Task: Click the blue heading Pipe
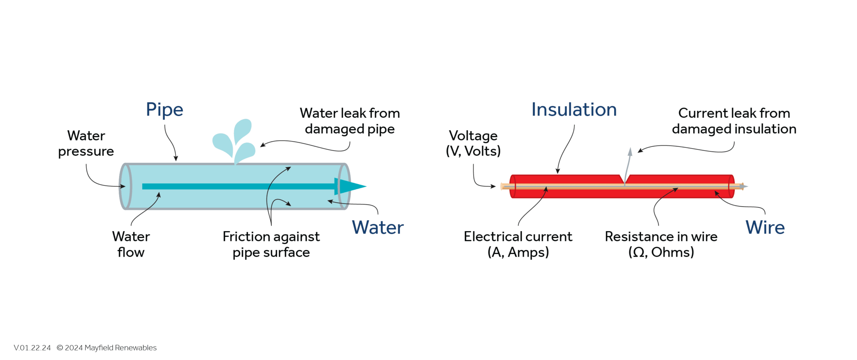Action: point(164,110)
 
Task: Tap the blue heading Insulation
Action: point(574,110)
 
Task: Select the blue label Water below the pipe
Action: point(377,228)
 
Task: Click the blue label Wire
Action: point(765,228)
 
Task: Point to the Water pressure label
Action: point(86,143)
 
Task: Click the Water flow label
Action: point(131,244)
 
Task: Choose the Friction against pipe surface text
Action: point(271,244)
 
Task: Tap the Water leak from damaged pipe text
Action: point(350,121)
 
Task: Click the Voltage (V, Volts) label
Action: point(473,143)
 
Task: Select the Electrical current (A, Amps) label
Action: point(518,244)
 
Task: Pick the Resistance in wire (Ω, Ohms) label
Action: point(661,244)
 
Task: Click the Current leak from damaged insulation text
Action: point(734,121)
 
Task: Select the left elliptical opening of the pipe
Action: point(126,186)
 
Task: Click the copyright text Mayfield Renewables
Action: point(107,348)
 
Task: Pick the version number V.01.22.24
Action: point(32,348)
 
